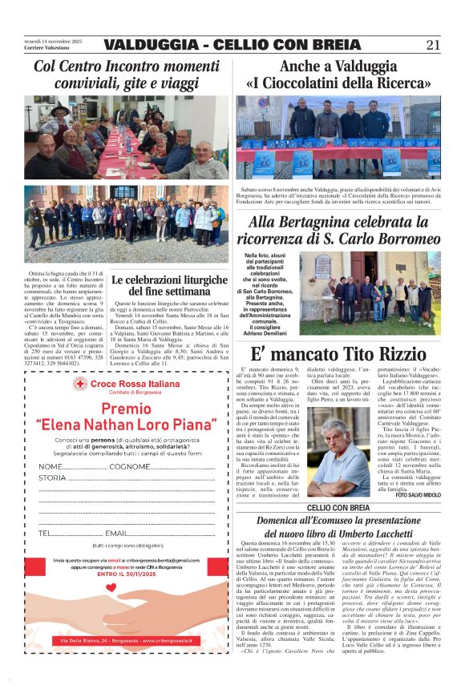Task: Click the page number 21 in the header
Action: click(x=433, y=45)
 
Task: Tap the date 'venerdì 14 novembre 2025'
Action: click(x=53, y=41)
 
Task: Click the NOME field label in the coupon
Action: click(x=50, y=466)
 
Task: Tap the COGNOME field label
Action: click(x=128, y=466)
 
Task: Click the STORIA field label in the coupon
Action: click(x=52, y=478)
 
